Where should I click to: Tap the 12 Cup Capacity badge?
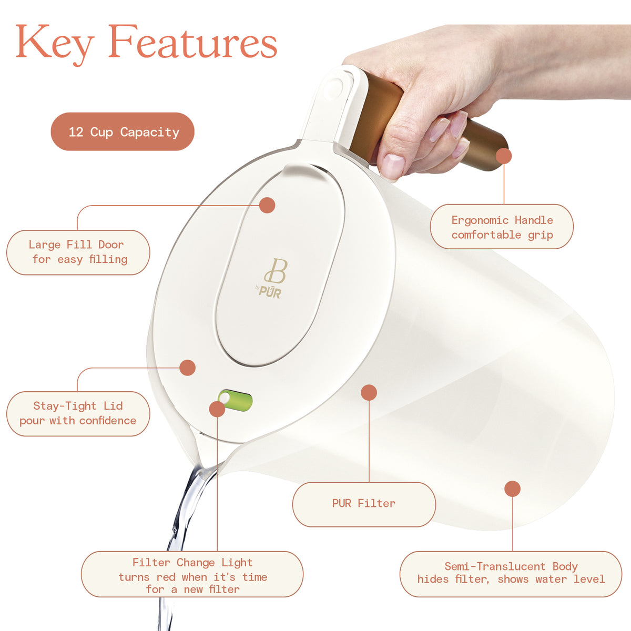pyautogui.click(x=123, y=131)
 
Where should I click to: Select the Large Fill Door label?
pyautogui.click(x=78, y=252)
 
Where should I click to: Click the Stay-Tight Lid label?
pyautogui.click(x=78, y=414)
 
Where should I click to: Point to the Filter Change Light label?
pyautogui.click(x=192, y=575)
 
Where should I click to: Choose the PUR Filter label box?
pyautogui.click(x=364, y=504)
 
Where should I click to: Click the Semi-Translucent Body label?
pyautogui.click(x=511, y=574)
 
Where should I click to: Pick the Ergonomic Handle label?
pyautogui.click(x=502, y=227)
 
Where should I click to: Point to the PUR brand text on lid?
pyautogui.click(x=270, y=291)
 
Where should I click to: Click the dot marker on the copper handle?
pyautogui.click(x=504, y=156)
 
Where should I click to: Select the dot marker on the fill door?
pyautogui.click(x=267, y=205)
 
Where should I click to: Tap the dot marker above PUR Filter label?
pyautogui.click(x=369, y=392)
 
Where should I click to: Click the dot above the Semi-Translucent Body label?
pyautogui.click(x=512, y=488)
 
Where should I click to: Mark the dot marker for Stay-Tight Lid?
pyautogui.click(x=187, y=368)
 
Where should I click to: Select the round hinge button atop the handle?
pyautogui.click(x=334, y=88)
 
